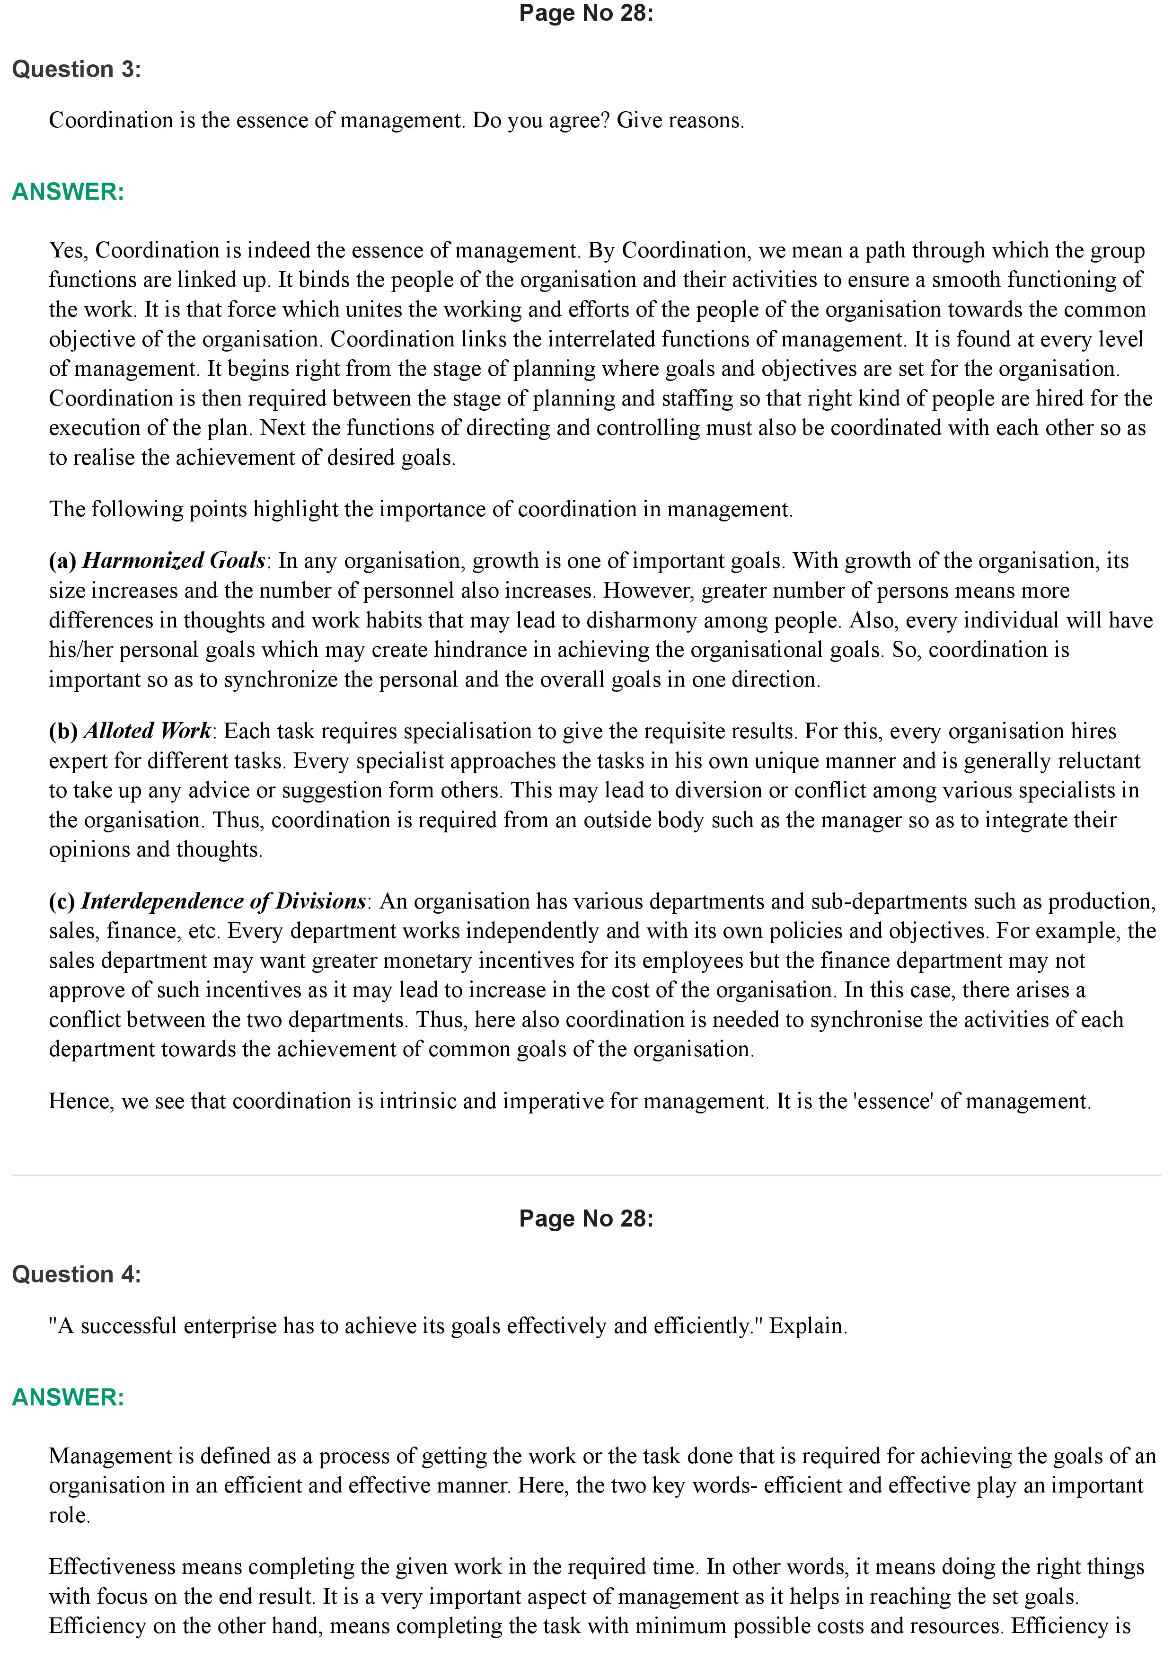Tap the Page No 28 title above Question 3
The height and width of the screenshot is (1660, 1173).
click(x=585, y=13)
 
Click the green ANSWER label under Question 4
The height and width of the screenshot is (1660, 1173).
click(x=68, y=1397)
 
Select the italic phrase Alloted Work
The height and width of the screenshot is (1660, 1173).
click(x=148, y=731)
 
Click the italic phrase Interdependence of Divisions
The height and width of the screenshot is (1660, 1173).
click(x=223, y=901)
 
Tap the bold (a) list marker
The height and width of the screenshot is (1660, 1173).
click(x=63, y=561)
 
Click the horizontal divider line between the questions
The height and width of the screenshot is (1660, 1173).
click(x=585, y=1175)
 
